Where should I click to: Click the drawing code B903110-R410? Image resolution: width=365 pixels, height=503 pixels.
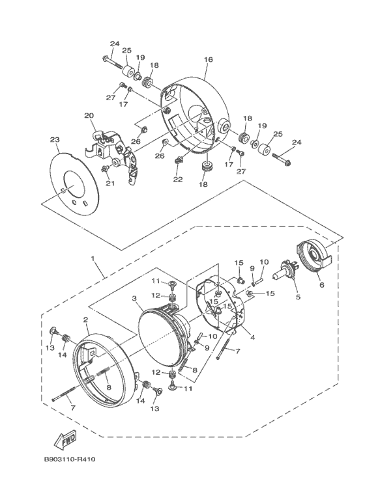69,459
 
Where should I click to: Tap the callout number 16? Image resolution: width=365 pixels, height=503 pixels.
208,59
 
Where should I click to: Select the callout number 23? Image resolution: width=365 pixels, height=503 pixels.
55,139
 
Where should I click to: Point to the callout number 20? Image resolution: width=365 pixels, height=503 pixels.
89,115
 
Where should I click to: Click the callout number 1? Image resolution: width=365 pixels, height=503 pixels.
93,258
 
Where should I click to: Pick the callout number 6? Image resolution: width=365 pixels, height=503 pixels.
321,284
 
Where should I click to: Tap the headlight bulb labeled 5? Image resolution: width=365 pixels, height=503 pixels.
287,270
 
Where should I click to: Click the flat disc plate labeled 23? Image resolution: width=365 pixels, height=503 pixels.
76,184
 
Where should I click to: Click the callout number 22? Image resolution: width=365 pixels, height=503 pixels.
178,180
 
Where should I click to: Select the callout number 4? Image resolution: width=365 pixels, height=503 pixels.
252,338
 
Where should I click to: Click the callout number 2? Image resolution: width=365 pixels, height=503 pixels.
85,319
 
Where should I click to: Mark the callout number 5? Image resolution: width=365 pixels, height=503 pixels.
298,297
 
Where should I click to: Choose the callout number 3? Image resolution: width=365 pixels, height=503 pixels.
134,299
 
